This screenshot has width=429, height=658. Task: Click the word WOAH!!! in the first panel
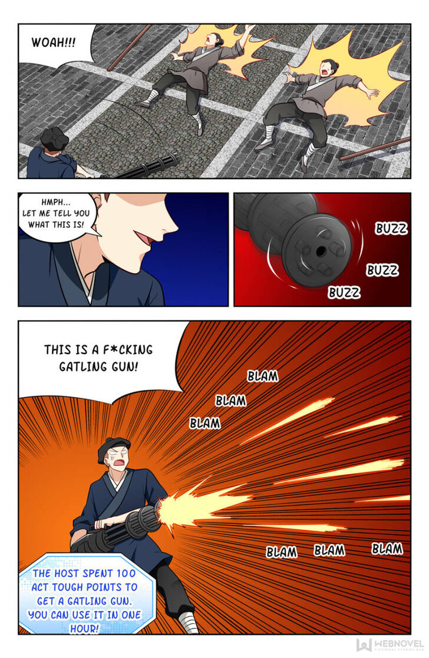pyautogui.click(x=53, y=42)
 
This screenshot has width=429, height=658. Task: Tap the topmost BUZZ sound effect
pyautogui.click(x=391, y=229)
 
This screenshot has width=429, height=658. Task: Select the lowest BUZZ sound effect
pyautogui.click(x=344, y=292)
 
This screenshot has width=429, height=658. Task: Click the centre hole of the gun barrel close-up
pyautogui.click(x=321, y=252)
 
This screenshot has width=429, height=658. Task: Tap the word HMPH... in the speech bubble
pyautogui.click(x=56, y=202)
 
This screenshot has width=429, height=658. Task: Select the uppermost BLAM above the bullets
pyautogui.click(x=263, y=376)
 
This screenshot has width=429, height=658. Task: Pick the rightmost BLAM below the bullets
pyautogui.click(x=387, y=548)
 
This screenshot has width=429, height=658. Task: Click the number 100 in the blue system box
pyautogui.click(x=126, y=573)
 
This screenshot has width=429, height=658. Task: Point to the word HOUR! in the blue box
pyautogui.click(x=84, y=628)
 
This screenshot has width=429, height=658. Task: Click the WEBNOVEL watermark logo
pyautogui.click(x=390, y=644)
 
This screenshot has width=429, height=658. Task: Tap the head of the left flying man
pyautogui.click(x=213, y=39)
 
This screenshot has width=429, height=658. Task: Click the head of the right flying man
pyautogui.click(x=328, y=68)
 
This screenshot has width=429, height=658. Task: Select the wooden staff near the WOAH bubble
pyautogui.click(x=129, y=48)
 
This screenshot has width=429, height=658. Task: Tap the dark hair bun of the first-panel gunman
pyautogui.click(x=55, y=138)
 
